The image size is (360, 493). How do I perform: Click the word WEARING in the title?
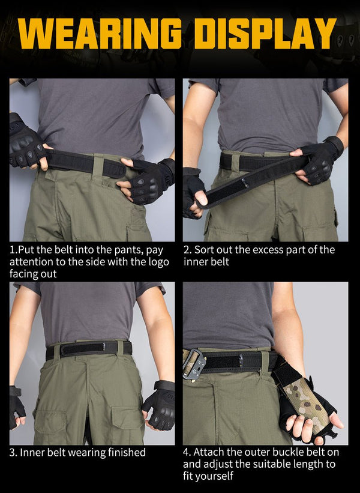(x=100, y=34)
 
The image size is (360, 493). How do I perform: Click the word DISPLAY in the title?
(x=265, y=34)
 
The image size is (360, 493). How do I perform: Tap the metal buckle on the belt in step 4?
(x=195, y=364)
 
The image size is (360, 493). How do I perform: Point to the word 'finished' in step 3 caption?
(x=127, y=452)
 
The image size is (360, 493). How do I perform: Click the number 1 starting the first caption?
(x=12, y=250)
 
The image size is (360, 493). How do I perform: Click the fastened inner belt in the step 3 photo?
(x=89, y=349)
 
